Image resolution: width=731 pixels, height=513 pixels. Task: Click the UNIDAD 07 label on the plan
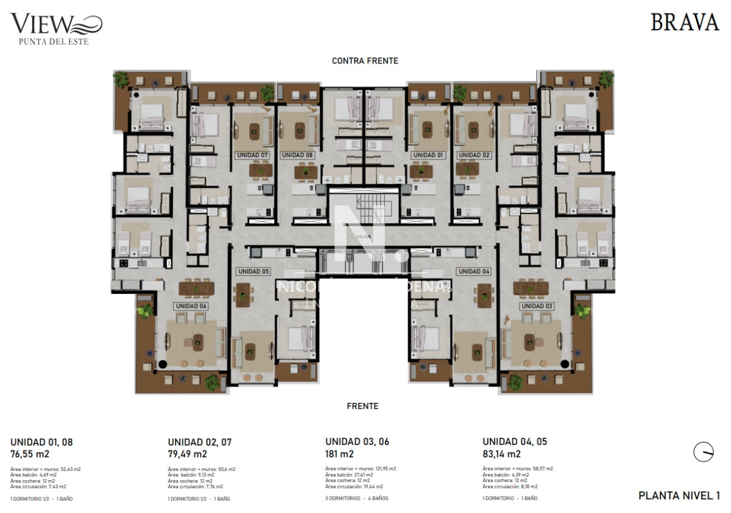pos(252,155)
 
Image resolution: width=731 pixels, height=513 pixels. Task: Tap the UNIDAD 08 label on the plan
pos(297,155)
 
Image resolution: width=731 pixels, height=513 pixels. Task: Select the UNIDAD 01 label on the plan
pos(428,155)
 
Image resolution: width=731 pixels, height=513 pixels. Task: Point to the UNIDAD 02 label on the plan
pos(474,155)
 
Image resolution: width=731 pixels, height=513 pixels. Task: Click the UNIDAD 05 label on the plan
pos(253,271)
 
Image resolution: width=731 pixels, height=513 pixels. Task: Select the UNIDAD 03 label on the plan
pos(537,305)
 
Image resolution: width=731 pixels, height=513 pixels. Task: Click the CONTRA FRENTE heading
pos(365,61)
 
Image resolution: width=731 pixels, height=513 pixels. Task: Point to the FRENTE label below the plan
pos(362,406)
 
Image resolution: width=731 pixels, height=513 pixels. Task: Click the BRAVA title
pos(685,23)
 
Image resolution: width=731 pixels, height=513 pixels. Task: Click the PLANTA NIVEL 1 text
pos(679,496)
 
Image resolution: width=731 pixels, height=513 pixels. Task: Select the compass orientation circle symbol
pos(704,452)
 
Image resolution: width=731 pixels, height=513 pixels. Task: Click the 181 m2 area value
pos(339,454)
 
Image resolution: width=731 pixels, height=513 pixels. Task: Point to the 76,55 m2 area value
pos(30,454)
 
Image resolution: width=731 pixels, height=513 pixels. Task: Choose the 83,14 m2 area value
pos(501,454)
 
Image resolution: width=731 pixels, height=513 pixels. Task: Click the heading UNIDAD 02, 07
pos(199,442)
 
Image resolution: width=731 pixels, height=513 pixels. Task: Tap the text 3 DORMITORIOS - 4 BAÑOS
pos(356,498)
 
